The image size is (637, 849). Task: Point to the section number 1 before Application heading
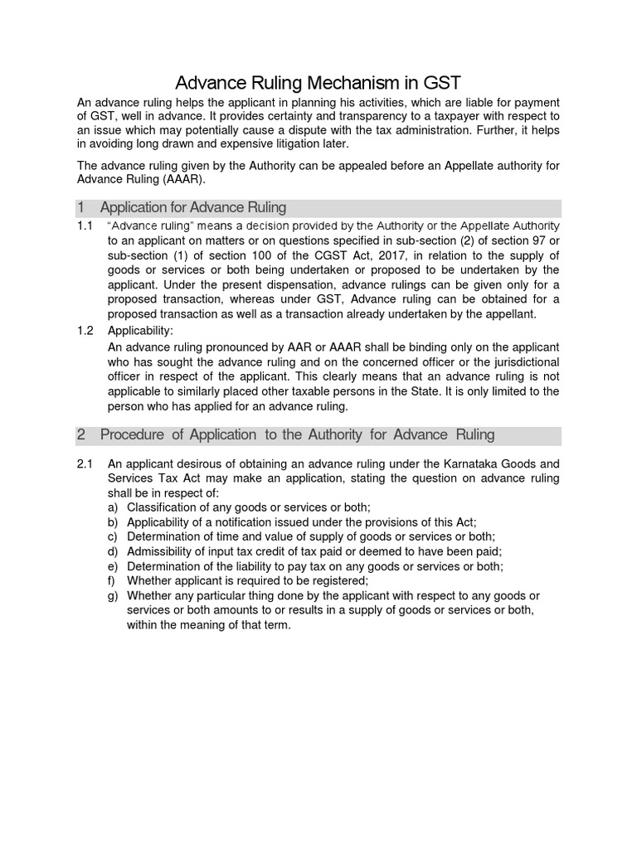click(x=81, y=207)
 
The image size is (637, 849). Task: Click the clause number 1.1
click(x=85, y=226)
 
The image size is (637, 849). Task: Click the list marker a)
click(x=114, y=507)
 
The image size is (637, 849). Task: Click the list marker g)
click(x=114, y=596)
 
